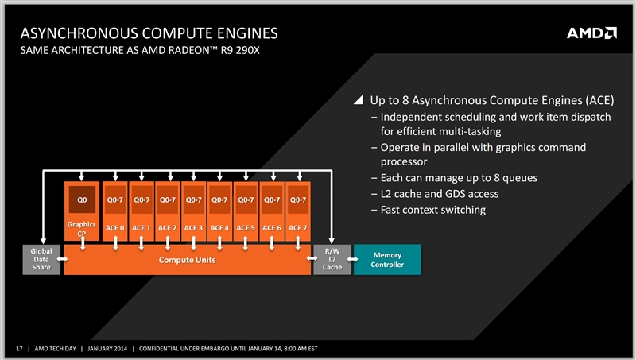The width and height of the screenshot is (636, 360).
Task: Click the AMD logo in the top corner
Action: (591, 33)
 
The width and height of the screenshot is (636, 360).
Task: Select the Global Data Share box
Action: (41, 259)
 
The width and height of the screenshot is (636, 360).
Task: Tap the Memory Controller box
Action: (387, 259)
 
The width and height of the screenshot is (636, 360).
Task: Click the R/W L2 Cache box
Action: (332, 259)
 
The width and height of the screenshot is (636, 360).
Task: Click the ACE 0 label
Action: (116, 228)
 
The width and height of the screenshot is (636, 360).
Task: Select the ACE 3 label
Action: (194, 228)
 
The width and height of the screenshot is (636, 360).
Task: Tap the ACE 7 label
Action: (297, 228)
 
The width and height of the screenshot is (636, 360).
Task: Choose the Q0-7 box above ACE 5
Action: (246, 199)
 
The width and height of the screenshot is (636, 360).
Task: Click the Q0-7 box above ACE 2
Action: (168, 199)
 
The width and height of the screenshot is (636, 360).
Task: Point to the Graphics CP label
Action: (81, 230)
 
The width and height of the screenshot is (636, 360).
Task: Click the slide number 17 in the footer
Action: (19, 348)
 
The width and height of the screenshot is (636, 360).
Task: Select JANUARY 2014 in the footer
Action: (107, 348)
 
